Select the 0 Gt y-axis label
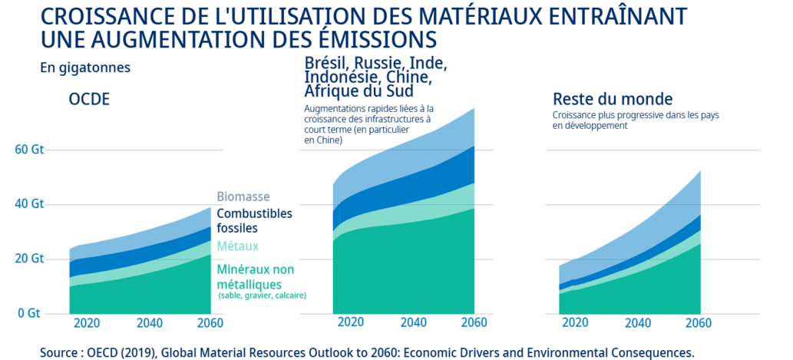(28, 313)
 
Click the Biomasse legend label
(243, 197)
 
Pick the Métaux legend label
(237, 246)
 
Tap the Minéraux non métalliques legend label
(256, 277)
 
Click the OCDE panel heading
(90, 100)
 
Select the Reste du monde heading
(613, 99)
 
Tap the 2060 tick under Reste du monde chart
(699, 322)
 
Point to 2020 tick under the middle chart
(350, 322)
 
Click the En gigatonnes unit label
(85, 68)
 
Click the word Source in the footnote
(61, 352)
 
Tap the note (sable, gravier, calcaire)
(262, 296)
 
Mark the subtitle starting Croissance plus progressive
(635, 121)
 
